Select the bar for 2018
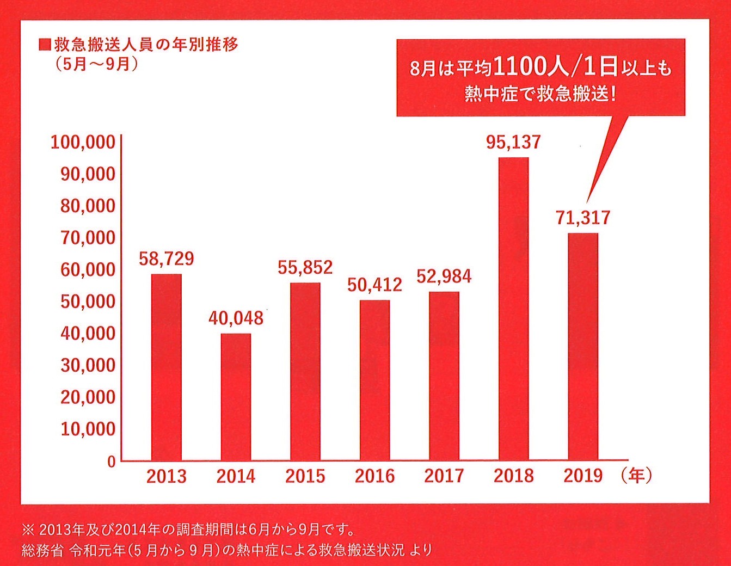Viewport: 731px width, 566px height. click(513, 309)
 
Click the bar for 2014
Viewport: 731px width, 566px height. click(236, 397)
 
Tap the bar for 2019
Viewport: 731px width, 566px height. click(583, 347)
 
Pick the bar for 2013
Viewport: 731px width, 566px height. click(167, 367)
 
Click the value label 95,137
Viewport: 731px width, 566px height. click(513, 142)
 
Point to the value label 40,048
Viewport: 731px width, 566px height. click(236, 318)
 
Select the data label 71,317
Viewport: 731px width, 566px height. click(583, 218)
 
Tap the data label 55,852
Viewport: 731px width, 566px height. click(305, 267)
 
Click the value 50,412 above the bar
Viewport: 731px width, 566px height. click(374, 285)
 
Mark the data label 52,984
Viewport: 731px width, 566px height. click(444, 276)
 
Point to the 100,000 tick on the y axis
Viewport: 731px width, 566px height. click(83, 142)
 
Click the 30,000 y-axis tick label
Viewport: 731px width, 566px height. click(88, 365)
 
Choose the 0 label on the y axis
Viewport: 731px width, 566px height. click(112, 462)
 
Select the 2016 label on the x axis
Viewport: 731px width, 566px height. click(374, 476)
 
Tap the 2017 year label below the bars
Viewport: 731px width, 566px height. click(444, 476)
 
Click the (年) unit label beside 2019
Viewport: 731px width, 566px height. click(636, 476)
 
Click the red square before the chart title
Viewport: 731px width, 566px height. click(45, 45)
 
